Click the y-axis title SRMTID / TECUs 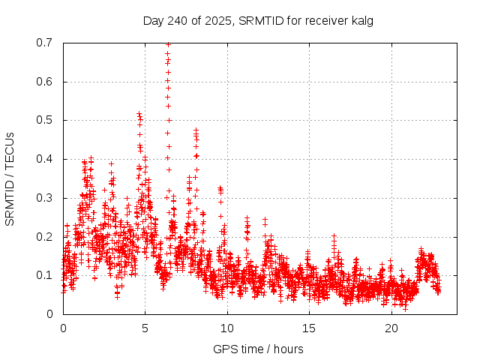point(10,178)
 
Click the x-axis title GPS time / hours point(258,349)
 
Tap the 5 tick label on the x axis point(145,328)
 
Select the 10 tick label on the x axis point(227,328)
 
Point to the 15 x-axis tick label point(309,328)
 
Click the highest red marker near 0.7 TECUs point(168,44)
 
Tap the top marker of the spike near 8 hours point(196,130)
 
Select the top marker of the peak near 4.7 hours point(139,114)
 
